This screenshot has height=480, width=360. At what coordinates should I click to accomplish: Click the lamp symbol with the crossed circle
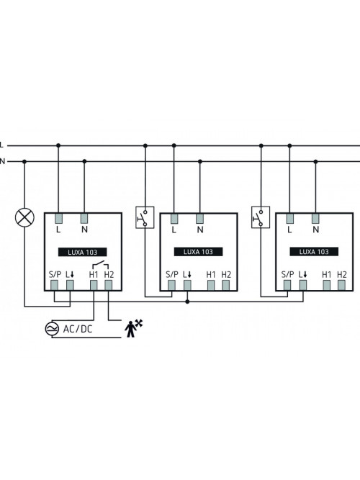click(x=24, y=217)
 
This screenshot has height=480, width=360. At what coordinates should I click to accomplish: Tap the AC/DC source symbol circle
click(x=52, y=329)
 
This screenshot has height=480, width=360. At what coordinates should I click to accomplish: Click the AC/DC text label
click(x=78, y=329)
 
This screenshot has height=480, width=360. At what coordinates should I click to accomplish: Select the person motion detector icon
click(x=133, y=328)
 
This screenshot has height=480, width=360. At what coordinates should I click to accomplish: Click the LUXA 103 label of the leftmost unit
click(x=82, y=253)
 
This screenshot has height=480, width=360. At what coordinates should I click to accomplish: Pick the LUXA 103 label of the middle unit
click(x=198, y=252)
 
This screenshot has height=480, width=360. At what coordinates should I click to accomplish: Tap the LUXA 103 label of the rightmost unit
click(x=314, y=252)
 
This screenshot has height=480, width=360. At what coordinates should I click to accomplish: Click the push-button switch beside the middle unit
click(x=145, y=217)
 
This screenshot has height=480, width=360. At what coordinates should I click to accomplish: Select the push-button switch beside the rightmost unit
click(x=261, y=217)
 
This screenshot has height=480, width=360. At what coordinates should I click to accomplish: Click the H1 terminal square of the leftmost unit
click(x=94, y=285)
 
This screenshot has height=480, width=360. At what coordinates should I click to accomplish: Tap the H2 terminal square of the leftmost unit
click(x=109, y=285)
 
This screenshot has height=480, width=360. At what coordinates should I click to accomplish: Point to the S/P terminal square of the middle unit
click(x=171, y=285)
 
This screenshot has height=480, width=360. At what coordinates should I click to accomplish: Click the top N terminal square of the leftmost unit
click(x=84, y=219)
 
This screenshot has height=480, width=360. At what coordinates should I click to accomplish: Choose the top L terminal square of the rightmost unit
click(x=290, y=219)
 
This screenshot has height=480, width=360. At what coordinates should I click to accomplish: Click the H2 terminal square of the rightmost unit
click(x=341, y=285)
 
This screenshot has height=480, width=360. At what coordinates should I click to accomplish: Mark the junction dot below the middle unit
click(x=187, y=302)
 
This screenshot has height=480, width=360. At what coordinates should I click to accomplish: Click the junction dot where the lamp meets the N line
click(x=24, y=161)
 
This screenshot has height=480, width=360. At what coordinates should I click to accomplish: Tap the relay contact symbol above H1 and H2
click(x=101, y=265)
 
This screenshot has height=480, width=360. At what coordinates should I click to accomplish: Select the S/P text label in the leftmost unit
click(x=55, y=275)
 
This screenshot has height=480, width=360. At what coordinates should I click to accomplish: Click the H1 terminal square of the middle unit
click(x=211, y=285)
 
